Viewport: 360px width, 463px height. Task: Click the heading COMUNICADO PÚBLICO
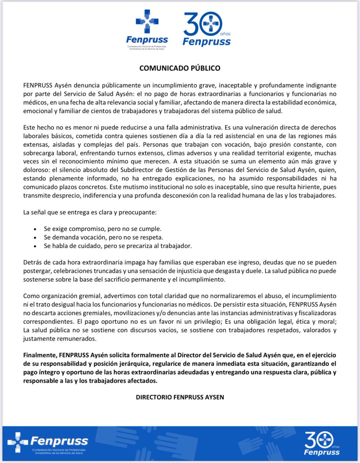(180, 68)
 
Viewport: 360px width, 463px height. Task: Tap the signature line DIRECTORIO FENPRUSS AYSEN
(180, 396)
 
